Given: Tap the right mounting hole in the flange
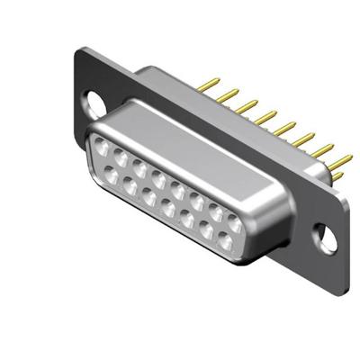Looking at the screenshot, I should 327,239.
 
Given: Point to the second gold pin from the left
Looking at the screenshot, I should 225,94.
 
